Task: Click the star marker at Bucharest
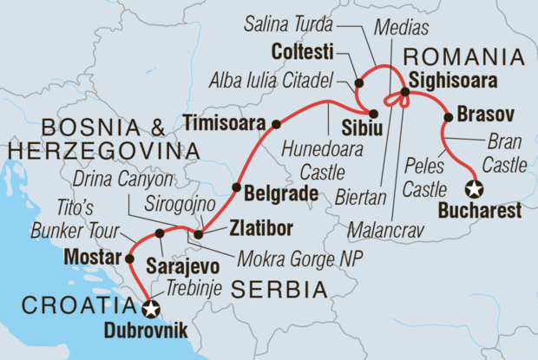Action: pyautogui.click(x=474, y=189)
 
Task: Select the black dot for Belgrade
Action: pyautogui.click(x=235, y=187)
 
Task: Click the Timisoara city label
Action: pyautogui.click(x=225, y=123)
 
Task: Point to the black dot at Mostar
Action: pyautogui.click(x=129, y=259)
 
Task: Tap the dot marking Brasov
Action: pyautogui.click(x=448, y=117)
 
